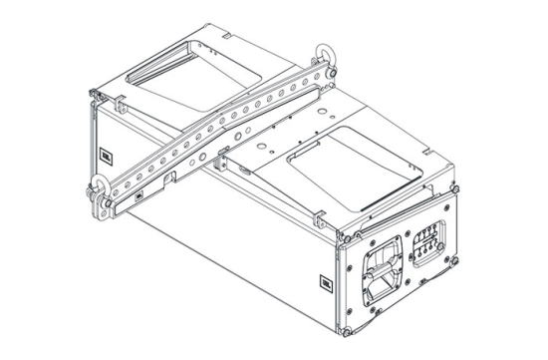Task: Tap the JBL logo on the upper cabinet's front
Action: (x=105, y=154)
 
